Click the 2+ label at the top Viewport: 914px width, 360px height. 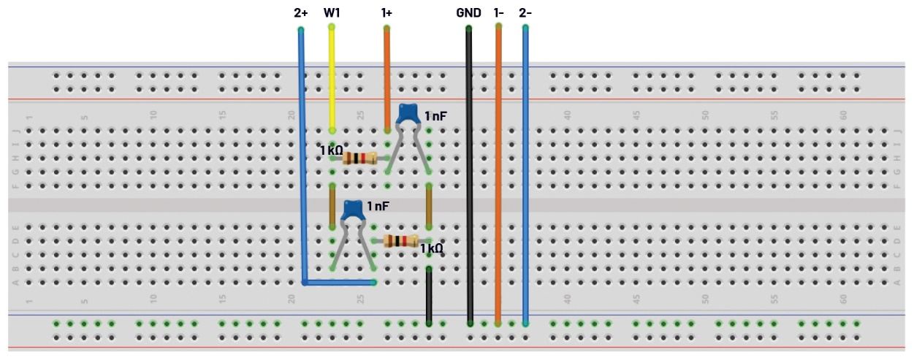300,13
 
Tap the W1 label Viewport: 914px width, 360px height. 332,13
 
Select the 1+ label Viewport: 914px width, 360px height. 386,13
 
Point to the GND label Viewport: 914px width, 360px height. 468,13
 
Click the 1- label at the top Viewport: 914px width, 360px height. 498,13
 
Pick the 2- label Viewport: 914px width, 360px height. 525,13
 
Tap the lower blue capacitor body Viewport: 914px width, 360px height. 354,210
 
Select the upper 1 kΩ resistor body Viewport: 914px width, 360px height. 359,158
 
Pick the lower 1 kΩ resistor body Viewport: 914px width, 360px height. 400,241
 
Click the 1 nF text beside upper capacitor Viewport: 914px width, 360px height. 437,116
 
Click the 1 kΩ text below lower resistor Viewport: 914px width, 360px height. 432,248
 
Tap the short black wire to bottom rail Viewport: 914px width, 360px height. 429,296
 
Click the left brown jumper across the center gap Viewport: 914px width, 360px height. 332,205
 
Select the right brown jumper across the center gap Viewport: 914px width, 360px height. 429,205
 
